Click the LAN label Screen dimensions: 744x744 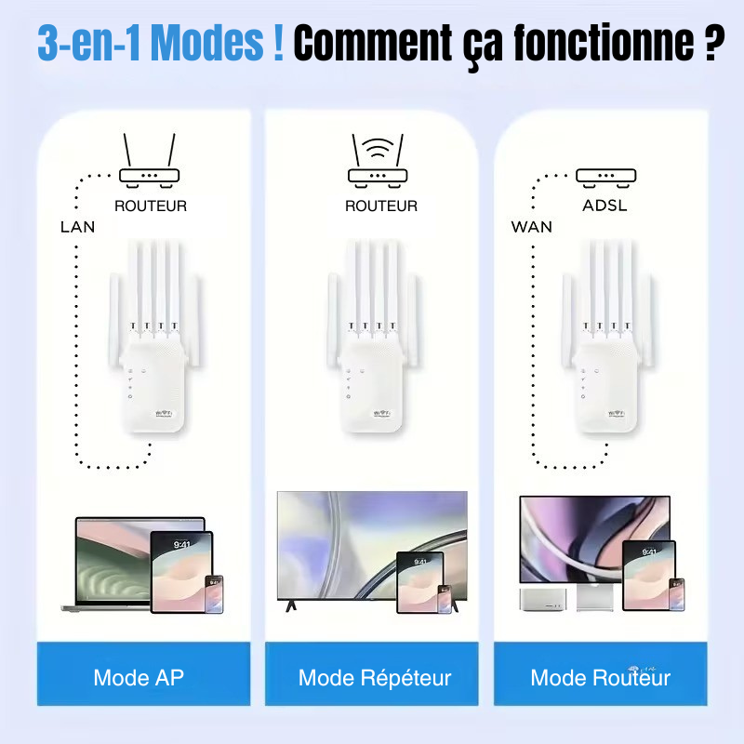click(x=77, y=226)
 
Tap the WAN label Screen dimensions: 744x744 click(x=531, y=226)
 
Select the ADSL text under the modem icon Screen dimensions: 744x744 click(x=604, y=206)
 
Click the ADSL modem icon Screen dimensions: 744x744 click(x=605, y=175)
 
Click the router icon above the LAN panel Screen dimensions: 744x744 click(x=149, y=162)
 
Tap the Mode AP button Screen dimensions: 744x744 click(x=139, y=678)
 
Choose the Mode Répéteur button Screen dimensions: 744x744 click(x=375, y=678)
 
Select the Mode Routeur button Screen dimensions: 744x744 click(x=601, y=678)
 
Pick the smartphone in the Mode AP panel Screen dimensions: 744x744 click(x=214, y=593)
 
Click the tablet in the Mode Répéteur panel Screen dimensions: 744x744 click(x=419, y=582)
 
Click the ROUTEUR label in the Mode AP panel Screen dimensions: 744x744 click(x=150, y=206)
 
